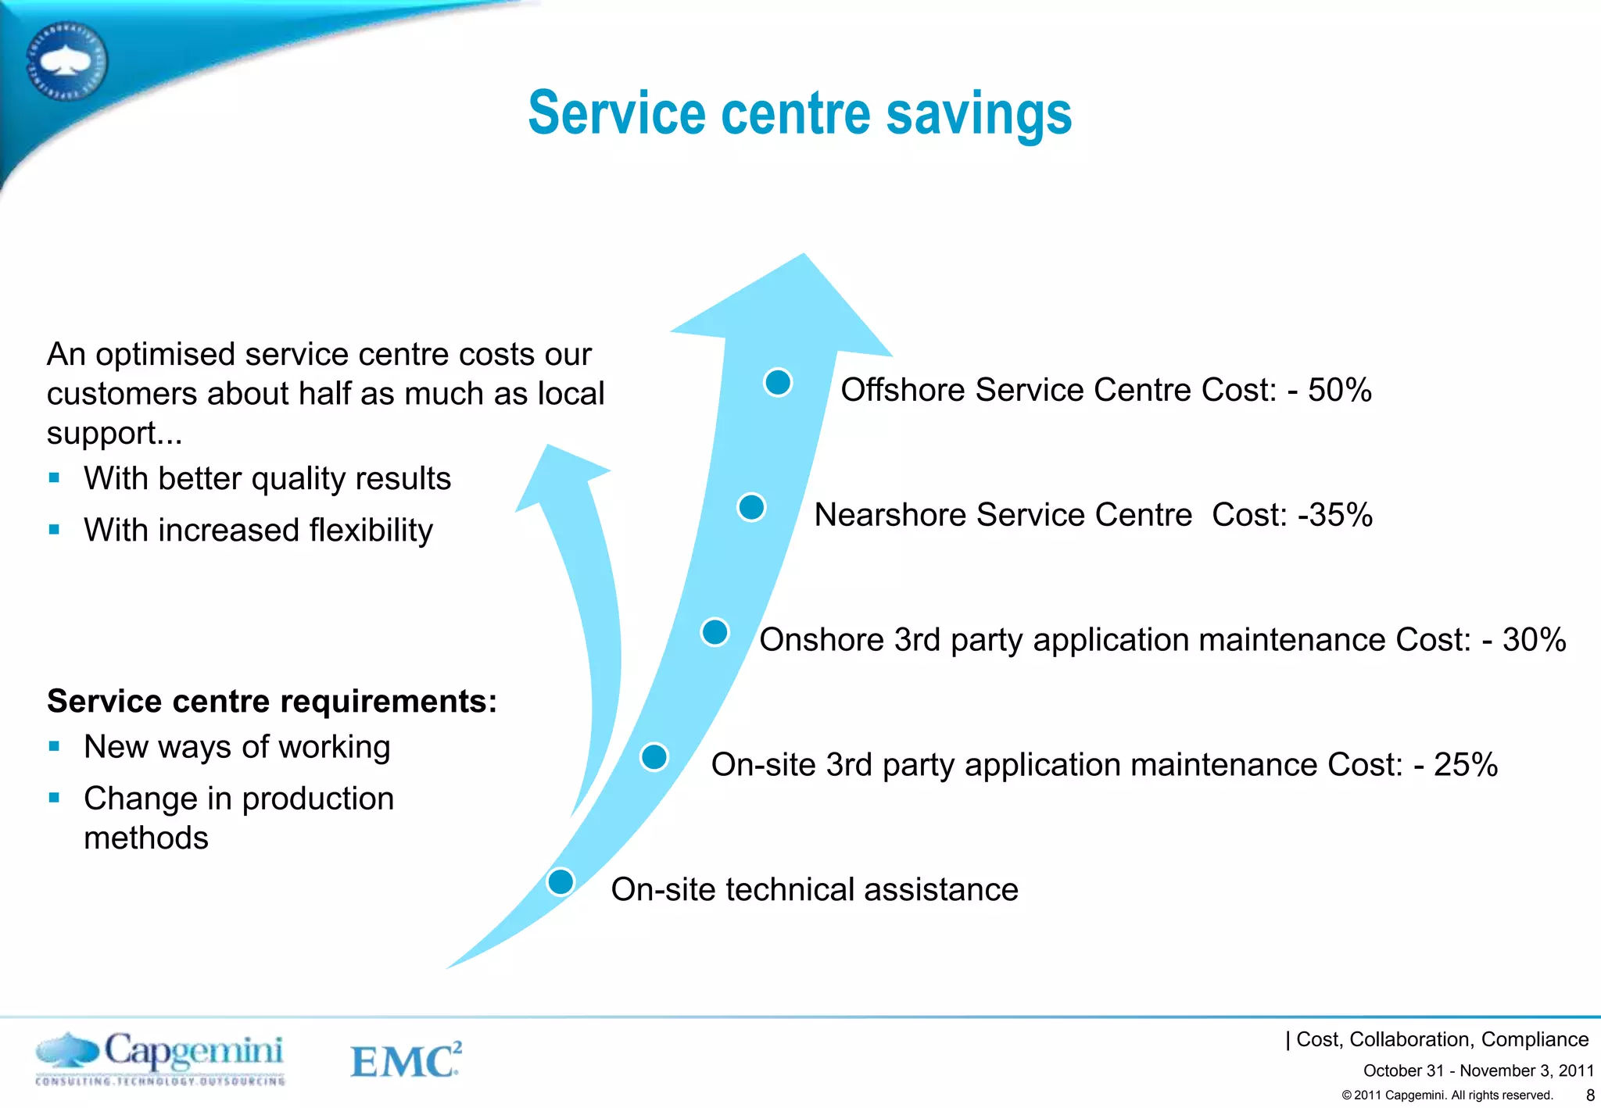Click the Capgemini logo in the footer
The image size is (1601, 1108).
point(160,1058)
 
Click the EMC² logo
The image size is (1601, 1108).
point(406,1060)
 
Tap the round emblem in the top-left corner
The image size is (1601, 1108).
point(66,61)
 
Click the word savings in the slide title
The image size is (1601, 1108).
point(979,114)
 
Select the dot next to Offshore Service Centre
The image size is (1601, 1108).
point(778,382)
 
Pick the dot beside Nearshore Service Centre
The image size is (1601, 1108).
point(751,507)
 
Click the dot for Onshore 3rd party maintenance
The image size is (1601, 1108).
point(715,631)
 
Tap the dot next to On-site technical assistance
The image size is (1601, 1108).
point(561,881)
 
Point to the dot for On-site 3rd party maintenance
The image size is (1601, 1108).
point(654,756)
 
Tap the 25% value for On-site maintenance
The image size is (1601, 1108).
point(1465,765)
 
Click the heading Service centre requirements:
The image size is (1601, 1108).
point(272,701)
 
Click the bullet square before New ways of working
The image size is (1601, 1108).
point(54,746)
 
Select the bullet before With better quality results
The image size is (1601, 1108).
point(54,477)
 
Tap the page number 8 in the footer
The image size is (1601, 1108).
point(1589,1095)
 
